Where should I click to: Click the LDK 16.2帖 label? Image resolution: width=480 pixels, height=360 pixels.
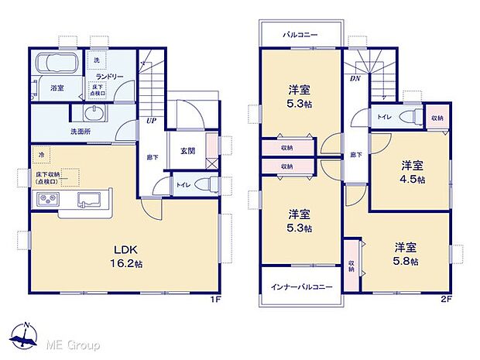128,256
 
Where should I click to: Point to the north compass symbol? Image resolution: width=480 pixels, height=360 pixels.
27,334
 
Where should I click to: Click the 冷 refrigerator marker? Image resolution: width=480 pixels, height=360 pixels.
40,155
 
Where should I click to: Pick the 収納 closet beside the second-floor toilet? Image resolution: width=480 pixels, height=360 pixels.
437,118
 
